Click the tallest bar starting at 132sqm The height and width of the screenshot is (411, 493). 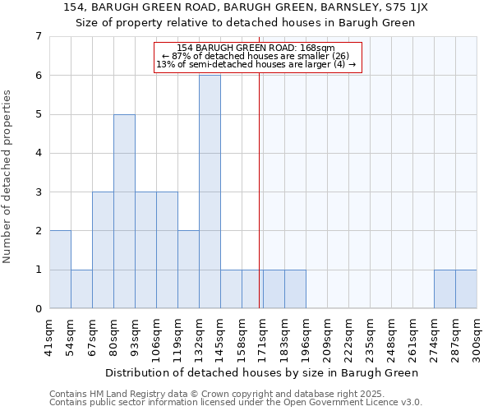click(x=210, y=192)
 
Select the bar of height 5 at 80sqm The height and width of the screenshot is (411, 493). click(x=124, y=211)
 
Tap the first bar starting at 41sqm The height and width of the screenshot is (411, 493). click(x=60, y=270)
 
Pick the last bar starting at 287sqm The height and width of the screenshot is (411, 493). click(x=466, y=289)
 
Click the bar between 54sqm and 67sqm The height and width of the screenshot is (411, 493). click(x=81, y=289)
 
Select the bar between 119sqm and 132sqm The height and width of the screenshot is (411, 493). click(x=188, y=270)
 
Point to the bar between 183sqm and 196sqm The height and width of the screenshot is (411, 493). click(x=295, y=289)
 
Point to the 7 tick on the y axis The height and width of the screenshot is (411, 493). click(x=38, y=36)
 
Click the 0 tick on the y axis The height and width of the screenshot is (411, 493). click(x=38, y=309)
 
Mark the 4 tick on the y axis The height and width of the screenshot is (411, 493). click(x=38, y=153)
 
